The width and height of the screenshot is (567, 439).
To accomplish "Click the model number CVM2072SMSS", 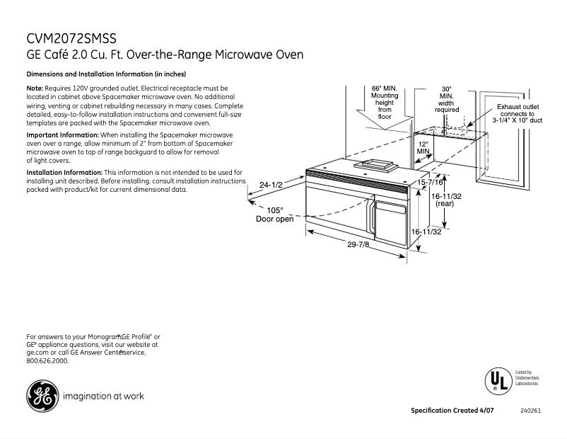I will click(71, 38).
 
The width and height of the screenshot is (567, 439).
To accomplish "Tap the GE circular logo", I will click(42, 397).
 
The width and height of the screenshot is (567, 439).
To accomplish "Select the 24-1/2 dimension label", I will click(271, 185).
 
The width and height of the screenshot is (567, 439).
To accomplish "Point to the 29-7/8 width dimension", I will click(359, 244).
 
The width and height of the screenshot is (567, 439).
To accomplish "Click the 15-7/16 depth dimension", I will click(431, 183).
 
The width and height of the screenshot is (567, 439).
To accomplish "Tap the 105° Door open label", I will click(274, 215).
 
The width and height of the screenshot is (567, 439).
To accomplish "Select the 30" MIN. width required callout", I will click(447, 99).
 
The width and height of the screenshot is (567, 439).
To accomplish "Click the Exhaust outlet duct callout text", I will click(517, 113).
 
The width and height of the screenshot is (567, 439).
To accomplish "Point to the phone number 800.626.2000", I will click(47, 361).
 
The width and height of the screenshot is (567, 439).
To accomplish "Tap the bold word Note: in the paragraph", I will click(35, 88).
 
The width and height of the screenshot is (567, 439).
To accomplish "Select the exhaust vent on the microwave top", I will click(380, 165).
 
